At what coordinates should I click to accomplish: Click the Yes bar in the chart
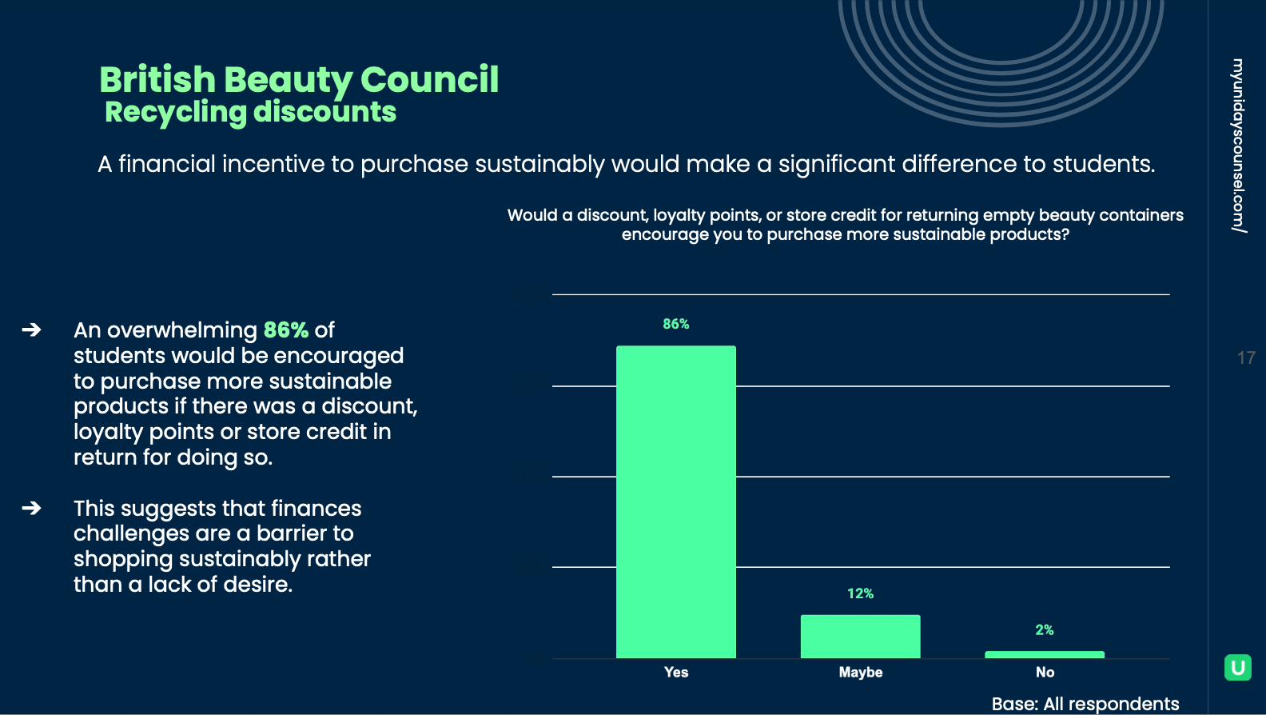675,501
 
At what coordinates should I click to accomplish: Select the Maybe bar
860,637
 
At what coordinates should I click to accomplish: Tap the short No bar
1044,655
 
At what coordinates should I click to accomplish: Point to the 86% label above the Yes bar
675,324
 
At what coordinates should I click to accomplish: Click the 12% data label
860,593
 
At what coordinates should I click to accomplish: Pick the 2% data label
1044,630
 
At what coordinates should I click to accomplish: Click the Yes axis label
675,673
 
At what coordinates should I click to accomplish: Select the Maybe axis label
860,673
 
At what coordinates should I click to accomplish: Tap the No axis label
1045,673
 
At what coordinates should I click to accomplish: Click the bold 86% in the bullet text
285,330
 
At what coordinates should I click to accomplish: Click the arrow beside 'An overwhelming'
31,330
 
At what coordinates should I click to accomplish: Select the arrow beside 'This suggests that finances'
31,508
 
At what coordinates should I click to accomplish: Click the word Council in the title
429,80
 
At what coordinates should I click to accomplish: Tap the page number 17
1245,358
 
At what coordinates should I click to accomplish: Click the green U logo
1237,667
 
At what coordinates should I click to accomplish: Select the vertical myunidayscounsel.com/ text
1238,146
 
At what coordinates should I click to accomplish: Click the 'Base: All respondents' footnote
1085,704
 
